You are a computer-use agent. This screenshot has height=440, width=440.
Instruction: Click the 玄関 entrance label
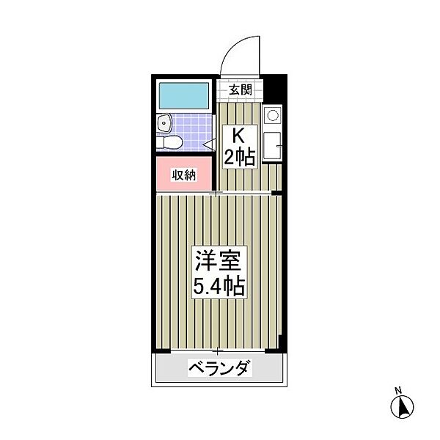point(240,90)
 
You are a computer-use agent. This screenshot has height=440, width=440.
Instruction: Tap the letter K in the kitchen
point(238,135)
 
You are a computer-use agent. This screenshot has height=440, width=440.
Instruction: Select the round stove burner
point(272,114)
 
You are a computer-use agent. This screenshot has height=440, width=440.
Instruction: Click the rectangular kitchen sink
point(271,146)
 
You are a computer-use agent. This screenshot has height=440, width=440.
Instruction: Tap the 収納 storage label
point(184,175)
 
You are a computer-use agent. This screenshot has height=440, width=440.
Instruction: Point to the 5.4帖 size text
point(219,286)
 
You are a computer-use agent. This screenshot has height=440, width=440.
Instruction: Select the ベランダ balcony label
point(219,367)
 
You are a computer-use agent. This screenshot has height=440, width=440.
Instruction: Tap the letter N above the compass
point(398,389)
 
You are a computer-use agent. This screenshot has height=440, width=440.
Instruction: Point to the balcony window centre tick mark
point(217,352)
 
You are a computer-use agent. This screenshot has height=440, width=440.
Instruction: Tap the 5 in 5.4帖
point(198,286)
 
